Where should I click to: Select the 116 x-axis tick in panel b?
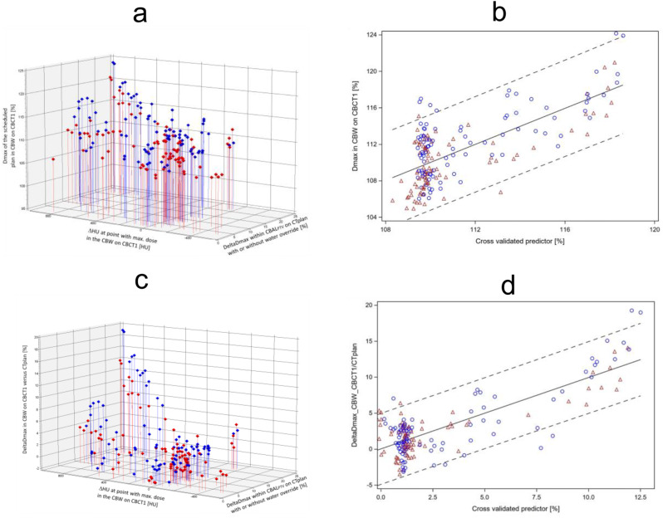coord(565,227)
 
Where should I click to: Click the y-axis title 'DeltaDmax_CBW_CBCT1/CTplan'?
coord(352,396)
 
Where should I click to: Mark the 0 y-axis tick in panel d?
coord(371,449)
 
